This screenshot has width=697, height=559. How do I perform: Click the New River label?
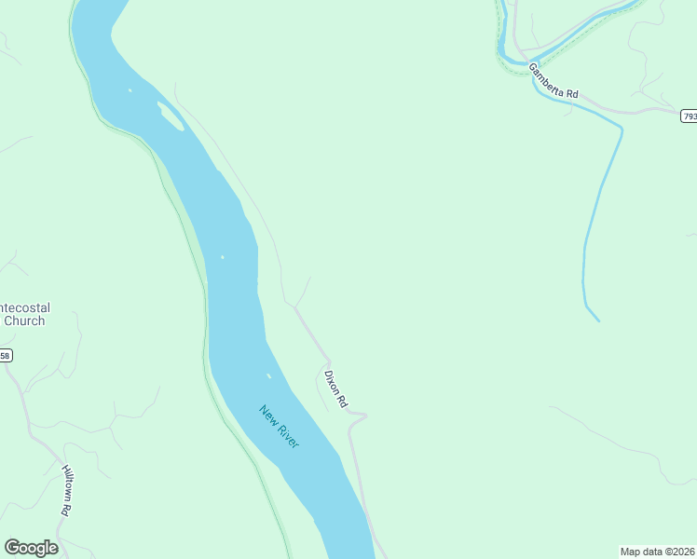click(x=280, y=427)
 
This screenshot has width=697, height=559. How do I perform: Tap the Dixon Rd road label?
click(x=335, y=389)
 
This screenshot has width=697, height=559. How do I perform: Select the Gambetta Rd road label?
click(x=554, y=81)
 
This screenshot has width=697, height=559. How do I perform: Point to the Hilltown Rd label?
click(x=67, y=491)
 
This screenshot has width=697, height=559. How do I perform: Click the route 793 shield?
click(x=689, y=116)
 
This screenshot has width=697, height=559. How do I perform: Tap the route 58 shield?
click(x=6, y=355)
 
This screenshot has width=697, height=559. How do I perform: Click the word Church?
click(x=23, y=321)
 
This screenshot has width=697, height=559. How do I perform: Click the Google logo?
click(x=31, y=548)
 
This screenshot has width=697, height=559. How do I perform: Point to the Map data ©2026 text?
click(x=658, y=551)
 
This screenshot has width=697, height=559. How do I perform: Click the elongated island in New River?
click(x=171, y=117)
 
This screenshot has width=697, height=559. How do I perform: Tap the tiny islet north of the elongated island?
click(x=130, y=90)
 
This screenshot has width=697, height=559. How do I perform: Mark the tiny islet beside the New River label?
click(x=268, y=376)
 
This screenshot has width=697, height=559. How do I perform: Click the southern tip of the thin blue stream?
click(x=597, y=320)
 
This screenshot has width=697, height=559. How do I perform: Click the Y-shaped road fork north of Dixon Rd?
click(x=296, y=305)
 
